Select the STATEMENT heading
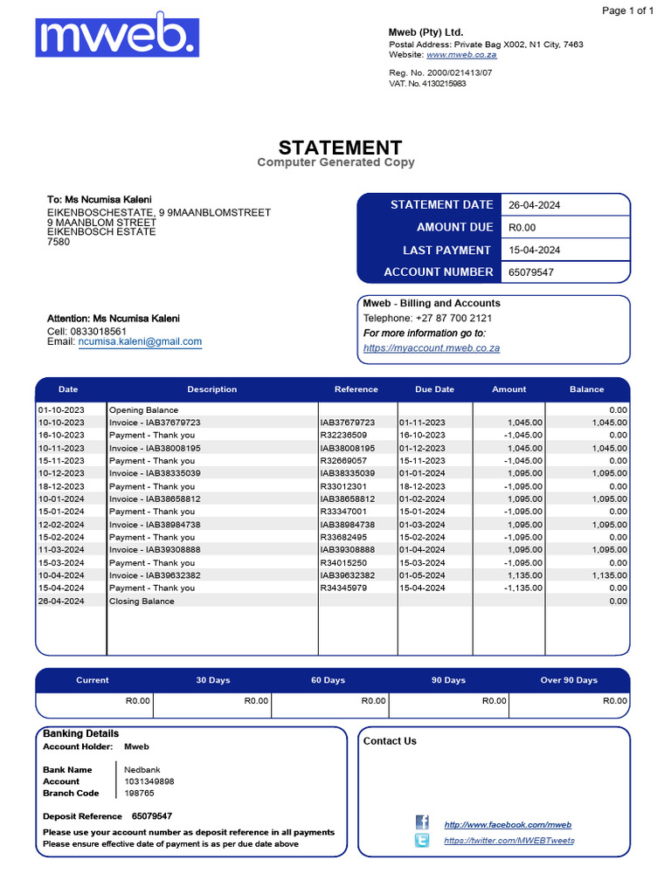340,148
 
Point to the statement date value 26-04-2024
535,205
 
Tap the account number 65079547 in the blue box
531,272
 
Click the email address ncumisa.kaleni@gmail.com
140,342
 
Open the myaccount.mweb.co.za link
432,348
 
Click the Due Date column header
434,389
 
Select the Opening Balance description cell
144,409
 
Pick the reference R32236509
344,435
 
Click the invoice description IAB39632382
155,575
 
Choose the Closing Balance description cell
142,601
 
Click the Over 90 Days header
569,680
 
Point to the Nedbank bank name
142,769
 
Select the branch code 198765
140,794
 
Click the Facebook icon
422,822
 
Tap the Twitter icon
422,841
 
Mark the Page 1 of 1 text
628,10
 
